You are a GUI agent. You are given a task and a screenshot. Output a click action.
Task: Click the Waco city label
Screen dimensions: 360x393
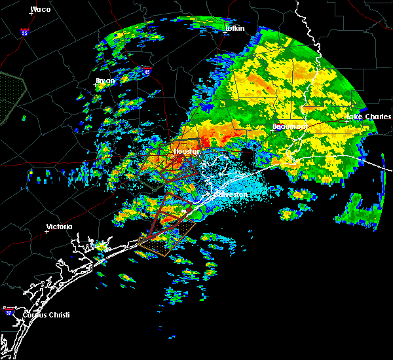point(41,10)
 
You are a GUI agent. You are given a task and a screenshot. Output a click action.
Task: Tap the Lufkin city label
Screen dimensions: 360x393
point(234,28)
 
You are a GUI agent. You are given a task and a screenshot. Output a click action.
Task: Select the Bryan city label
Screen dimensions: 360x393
point(105,81)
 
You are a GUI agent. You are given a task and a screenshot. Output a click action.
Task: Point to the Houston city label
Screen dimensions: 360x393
point(186,151)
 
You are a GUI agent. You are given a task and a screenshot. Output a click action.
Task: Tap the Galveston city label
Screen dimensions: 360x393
point(229,194)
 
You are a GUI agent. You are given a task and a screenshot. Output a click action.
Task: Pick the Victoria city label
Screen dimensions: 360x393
point(59,226)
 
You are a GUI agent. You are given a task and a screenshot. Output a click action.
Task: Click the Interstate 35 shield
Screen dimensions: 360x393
point(25,31)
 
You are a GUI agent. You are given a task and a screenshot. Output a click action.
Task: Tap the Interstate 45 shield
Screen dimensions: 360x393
point(147,71)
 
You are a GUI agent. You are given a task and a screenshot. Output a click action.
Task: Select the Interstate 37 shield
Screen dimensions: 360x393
point(9,310)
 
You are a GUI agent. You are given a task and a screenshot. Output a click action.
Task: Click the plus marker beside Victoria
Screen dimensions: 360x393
point(47,231)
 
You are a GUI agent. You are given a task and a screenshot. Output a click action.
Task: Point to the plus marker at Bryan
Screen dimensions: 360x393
point(96,85)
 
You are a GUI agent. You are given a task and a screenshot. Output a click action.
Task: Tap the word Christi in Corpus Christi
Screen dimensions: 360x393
point(54,315)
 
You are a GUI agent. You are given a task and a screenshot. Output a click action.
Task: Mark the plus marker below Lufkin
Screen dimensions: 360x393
point(225,33)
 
